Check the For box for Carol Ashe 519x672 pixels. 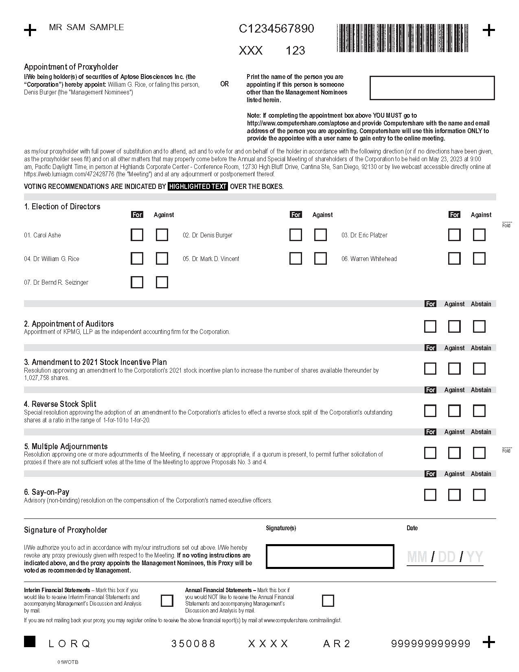click(x=137, y=235)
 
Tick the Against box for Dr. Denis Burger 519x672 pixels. click(x=320, y=235)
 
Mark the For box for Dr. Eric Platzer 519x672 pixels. click(x=454, y=235)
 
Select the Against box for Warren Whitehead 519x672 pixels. click(x=479, y=259)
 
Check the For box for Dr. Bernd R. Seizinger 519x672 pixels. click(x=137, y=282)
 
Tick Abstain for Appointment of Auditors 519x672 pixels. click(x=479, y=327)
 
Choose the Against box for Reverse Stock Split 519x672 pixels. click(x=454, y=411)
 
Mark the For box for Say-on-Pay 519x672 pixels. click(x=430, y=495)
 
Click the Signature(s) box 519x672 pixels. click(x=330, y=556)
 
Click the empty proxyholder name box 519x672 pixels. click(x=432, y=88)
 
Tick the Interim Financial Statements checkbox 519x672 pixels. click(x=167, y=601)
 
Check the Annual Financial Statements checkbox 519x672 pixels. click(x=328, y=601)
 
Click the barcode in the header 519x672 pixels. click(x=403, y=38)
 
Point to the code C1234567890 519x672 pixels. click(x=276, y=29)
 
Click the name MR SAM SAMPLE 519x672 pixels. click(x=86, y=27)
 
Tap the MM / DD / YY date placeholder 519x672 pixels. click(x=445, y=557)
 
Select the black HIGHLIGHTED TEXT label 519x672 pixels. click(x=198, y=187)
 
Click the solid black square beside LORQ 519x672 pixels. click(x=30, y=641)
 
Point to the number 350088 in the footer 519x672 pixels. click(x=193, y=643)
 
